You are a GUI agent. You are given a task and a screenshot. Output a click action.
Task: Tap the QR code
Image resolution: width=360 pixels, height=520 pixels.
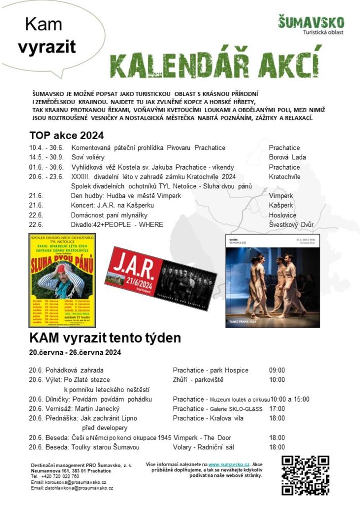(x=305, y=475)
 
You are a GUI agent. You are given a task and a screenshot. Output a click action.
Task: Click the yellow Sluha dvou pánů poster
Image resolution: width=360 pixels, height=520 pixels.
(x=62, y=280)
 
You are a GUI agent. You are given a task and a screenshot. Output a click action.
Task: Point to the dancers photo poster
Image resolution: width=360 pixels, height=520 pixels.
(x=273, y=280)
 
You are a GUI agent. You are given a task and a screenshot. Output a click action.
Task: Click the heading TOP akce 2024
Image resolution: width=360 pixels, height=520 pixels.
(x=67, y=136)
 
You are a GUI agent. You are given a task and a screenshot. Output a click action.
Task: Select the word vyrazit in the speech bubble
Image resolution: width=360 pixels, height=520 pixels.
(x=47, y=47)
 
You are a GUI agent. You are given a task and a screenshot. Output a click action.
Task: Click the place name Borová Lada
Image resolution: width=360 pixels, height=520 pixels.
(x=287, y=157)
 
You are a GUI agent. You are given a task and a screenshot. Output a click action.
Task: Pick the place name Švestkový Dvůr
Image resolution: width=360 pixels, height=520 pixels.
(x=291, y=224)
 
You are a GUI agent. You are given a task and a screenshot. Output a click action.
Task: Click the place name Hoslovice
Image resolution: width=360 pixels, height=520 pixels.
(x=283, y=215)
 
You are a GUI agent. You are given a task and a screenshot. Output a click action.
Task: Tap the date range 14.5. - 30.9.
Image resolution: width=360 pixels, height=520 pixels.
(x=46, y=157)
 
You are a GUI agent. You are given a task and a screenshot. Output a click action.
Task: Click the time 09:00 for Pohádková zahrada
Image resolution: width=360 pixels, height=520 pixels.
(x=277, y=370)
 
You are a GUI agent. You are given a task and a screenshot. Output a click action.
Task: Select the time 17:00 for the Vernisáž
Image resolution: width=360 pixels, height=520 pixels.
(x=277, y=409)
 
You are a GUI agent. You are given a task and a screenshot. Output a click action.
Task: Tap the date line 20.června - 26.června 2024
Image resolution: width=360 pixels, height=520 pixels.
(x=76, y=352)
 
